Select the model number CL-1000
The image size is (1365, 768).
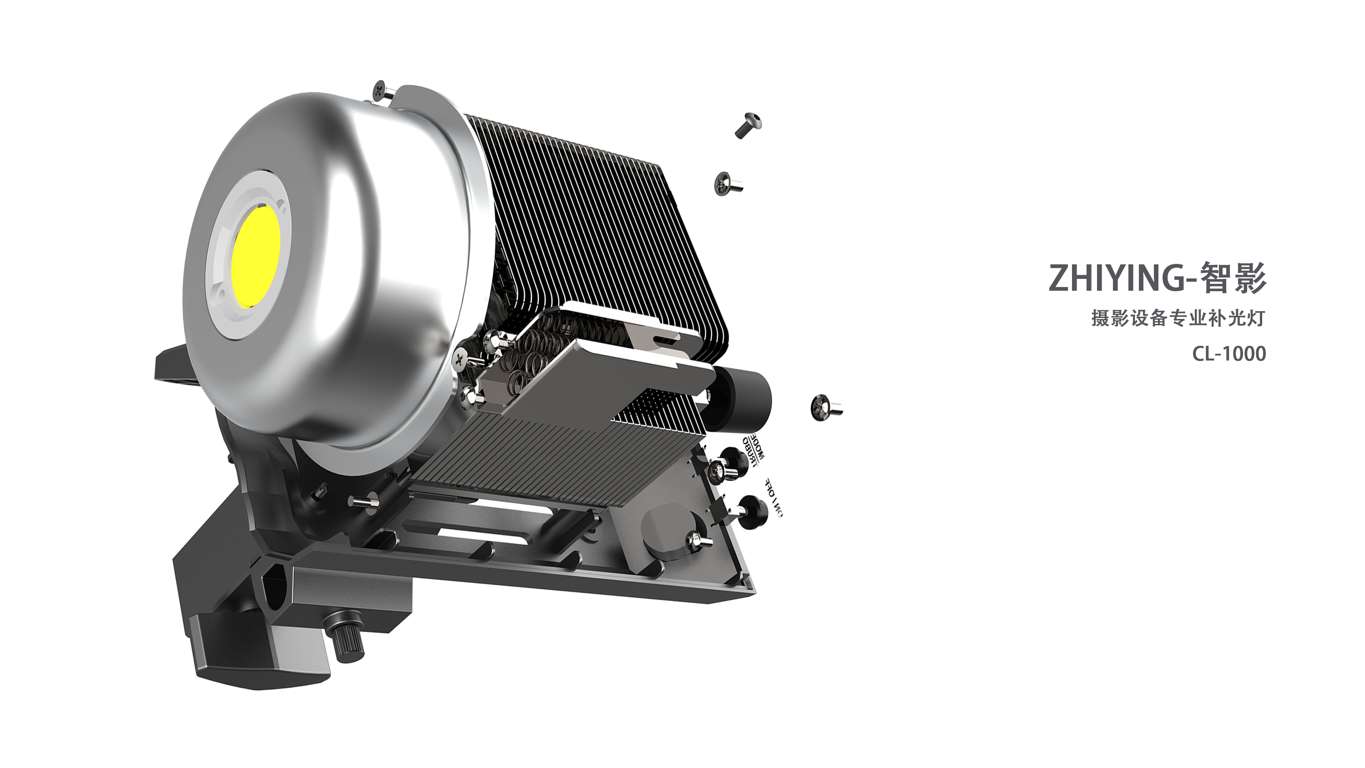point(1229,354)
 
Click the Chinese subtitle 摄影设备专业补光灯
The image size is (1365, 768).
point(1178,318)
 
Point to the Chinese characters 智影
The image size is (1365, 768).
point(1233,278)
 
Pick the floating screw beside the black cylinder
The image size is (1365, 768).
point(824,408)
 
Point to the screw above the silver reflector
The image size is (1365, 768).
point(382,91)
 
